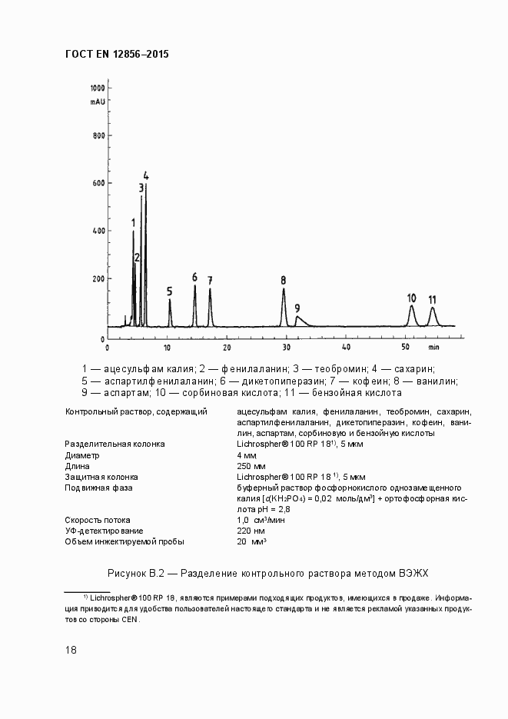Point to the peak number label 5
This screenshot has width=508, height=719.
point(169,291)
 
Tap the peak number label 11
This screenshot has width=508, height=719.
point(432,299)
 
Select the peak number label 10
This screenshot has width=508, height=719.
point(411,298)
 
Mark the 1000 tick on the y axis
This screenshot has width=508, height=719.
point(98,86)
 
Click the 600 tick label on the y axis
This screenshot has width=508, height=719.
point(98,183)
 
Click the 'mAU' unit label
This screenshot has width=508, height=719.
point(97,101)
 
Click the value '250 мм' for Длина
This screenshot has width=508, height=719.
point(251,466)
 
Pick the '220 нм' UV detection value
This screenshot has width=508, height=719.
point(251,531)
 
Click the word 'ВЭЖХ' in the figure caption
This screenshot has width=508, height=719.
point(413,573)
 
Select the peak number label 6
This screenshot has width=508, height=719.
point(194,277)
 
